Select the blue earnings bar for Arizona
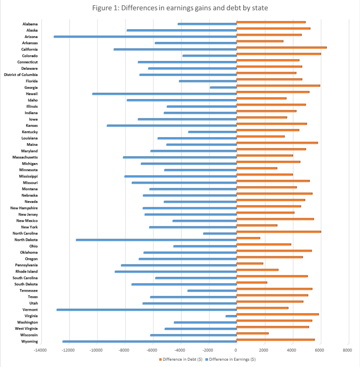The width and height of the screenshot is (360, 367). coord(145,37)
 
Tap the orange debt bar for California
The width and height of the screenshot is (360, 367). coord(281,48)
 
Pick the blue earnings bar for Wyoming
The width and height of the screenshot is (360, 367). coord(149,342)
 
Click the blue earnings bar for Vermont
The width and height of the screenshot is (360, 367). coord(147,310)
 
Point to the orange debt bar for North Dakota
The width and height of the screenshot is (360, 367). coord(248,238)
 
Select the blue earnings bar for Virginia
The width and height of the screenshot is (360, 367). coord(231,316)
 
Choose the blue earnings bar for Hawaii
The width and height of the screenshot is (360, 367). coord(164,94)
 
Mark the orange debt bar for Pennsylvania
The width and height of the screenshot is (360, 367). coord(249,264)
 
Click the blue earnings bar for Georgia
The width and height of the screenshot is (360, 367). coord(223,88)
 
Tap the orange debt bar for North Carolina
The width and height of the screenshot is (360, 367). coord(278,232)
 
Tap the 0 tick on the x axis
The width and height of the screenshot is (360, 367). coord(236,350)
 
